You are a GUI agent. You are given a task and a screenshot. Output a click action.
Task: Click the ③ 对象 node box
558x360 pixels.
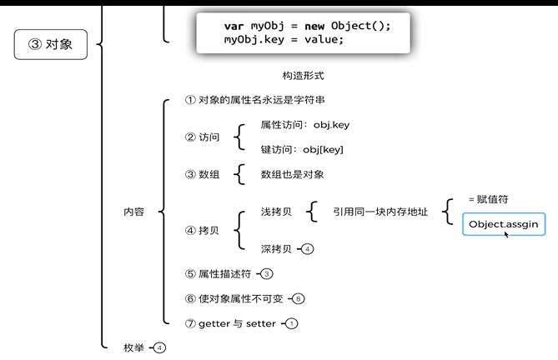coord(51,45)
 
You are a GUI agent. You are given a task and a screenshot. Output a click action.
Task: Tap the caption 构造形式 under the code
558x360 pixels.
coord(303,76)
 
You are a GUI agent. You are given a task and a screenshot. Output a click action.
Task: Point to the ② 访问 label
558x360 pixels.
coord(203,137)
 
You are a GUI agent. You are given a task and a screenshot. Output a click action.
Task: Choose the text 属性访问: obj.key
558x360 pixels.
coord(305,124)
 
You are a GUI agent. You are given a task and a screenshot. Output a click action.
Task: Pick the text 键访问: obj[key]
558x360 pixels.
coord(302,149)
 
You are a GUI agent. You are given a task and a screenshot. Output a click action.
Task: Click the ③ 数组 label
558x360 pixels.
coord(203,174)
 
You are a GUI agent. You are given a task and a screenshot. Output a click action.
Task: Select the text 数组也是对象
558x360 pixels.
coord(292,174)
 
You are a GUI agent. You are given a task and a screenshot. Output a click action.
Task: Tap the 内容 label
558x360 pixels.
coord(133,212)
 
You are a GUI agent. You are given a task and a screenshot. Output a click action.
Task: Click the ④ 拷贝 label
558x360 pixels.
coord(203,230)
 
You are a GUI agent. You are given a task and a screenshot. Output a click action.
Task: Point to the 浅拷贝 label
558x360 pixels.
coord(276,212)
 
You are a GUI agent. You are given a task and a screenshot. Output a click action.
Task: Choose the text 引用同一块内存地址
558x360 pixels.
coord(380,212)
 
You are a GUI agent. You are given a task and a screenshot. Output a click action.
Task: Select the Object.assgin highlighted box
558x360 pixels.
coord(504,224)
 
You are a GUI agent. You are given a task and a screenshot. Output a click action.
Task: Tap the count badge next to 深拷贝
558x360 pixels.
coord(308,248)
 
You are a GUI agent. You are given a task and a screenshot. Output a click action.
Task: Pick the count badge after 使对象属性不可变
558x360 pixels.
coord(299,298)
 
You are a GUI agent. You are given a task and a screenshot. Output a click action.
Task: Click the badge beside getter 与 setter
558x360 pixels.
coord(292,323)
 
